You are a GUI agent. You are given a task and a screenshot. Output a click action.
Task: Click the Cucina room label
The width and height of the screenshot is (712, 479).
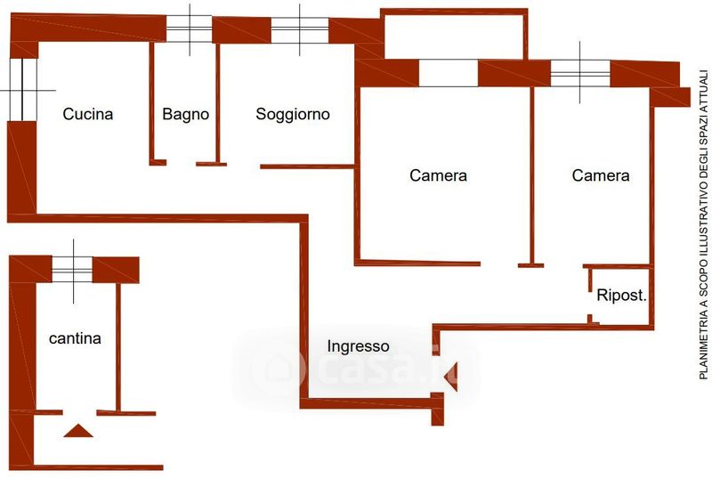(87, 114)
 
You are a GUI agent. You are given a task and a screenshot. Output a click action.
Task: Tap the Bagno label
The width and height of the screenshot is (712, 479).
(186, 114)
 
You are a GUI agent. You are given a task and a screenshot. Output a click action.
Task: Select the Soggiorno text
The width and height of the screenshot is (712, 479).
(293, 114)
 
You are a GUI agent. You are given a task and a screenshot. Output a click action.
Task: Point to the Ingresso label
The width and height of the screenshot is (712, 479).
(359, 346)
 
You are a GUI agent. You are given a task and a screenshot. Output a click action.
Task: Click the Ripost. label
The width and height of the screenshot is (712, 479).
(621, 295)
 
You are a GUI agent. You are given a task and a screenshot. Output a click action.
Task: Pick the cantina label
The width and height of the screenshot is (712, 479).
(75, 338)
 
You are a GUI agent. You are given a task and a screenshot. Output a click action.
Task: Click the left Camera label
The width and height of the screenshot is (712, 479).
(438, 175)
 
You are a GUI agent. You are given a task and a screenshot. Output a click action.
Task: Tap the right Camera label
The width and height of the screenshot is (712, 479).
(601, 175)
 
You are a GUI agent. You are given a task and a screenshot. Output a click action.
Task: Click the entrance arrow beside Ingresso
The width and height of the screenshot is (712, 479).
(451, 377)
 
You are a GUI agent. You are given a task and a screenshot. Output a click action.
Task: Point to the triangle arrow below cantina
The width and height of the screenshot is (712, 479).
(78, 431)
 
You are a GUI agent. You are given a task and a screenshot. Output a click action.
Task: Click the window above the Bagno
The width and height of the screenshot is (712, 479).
(190, 29)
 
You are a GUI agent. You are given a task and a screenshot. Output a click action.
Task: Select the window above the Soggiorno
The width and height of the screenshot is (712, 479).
(300, 30)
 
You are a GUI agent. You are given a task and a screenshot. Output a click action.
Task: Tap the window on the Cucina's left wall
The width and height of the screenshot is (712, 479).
(23, 90)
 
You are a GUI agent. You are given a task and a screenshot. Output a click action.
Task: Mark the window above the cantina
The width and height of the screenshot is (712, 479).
(73, 270)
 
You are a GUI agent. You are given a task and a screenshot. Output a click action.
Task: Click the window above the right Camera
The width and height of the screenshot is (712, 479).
(580, 73)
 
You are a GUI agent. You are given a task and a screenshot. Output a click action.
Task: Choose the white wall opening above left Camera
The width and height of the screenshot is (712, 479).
(449, 73)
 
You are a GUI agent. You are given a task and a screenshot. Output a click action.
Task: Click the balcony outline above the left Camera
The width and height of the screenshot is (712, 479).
(526, 34)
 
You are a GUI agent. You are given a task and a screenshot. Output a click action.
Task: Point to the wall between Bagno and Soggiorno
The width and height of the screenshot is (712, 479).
(218, 103)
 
